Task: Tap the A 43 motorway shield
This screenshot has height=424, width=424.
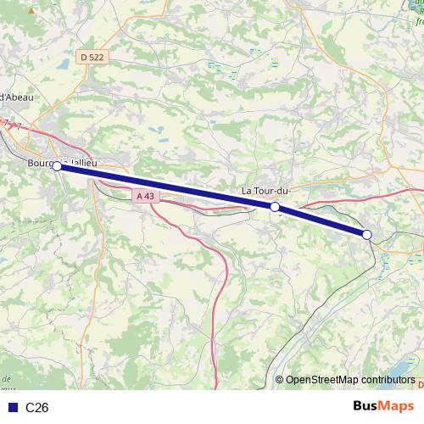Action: point(146,196)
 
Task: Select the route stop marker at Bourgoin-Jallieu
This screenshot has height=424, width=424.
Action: point(57,166)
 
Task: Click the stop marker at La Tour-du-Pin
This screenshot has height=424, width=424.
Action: point(275,207)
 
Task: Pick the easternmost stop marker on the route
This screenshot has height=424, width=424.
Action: point(367,234)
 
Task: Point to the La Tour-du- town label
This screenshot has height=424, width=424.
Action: point(266,190)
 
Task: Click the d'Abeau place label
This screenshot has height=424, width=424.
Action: point(15,97)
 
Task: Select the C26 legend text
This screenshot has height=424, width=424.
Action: point(36,408)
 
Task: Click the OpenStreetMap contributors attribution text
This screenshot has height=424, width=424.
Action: point(350,380)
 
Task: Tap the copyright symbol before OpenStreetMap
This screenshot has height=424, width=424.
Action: point(280,380)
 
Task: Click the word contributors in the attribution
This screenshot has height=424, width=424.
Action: point(386,380)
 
